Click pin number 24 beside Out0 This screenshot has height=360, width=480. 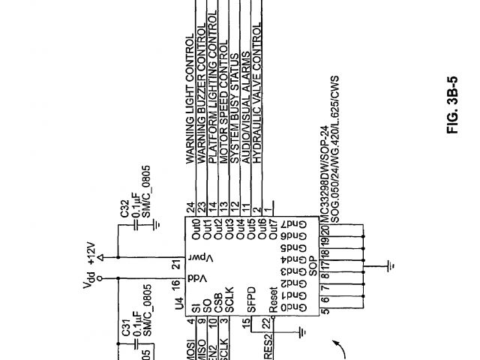tap(191, 207)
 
